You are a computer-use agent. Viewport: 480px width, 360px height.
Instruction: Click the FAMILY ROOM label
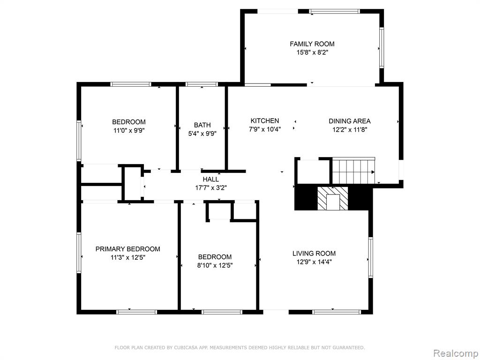[312, 44]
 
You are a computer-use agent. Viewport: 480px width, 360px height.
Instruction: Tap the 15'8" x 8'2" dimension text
[312, 52]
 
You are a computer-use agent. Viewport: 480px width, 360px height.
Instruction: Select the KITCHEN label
[265, 120]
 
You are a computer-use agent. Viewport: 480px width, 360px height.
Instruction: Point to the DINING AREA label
[350, 121]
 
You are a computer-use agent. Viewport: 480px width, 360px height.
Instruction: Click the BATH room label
[202, 125]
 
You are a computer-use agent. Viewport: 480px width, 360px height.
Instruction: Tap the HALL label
[211, 179]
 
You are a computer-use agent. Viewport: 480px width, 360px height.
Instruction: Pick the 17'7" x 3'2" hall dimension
[211, 187]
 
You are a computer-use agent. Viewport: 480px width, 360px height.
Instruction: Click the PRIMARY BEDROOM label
[127, 249]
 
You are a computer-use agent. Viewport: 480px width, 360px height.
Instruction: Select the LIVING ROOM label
[314, 253]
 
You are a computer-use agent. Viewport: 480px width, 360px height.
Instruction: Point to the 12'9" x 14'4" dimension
[314, 262]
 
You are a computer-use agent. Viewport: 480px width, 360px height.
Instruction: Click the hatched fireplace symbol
[333, 199]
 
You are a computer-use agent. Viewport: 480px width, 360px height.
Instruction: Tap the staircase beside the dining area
[354, 171]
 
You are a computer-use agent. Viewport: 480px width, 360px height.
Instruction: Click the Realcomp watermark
[456, 353]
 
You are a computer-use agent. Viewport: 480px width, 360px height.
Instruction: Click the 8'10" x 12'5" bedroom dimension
[215, 265]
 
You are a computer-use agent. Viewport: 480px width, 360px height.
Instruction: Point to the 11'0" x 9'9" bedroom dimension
[129, 130]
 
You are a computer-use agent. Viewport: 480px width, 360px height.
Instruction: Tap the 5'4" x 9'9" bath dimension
[202, 134]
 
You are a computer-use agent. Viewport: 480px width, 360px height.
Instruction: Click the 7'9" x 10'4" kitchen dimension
[265, 129]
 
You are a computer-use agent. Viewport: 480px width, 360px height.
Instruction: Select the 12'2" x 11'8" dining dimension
[350, 129]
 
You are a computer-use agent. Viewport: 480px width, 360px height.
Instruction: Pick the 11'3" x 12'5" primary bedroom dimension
[127, 257]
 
